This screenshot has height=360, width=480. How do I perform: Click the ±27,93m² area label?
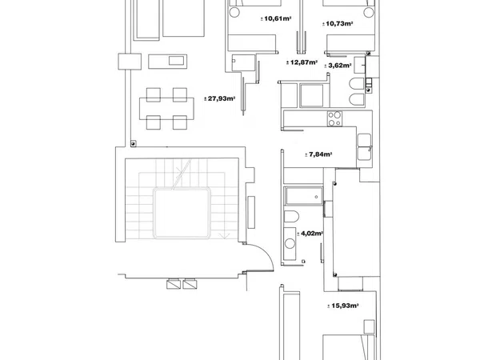point(219,98)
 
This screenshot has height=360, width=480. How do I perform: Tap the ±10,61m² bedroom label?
point(276,18)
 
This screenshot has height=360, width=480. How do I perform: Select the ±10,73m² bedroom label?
point(338,23)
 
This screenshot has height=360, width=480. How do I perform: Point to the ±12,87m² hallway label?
point(302,62)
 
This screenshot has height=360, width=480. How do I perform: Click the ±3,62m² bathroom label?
point(338,66)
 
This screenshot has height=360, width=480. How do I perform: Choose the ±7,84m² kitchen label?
point(318,154)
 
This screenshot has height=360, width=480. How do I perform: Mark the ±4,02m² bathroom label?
point(310,234)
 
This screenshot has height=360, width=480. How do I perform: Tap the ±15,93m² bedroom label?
point(343,306)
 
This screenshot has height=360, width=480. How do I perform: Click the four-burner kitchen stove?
point(334,118)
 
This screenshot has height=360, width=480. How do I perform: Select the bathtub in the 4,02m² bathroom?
point(303,196)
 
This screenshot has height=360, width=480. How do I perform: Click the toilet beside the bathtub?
point(291,217)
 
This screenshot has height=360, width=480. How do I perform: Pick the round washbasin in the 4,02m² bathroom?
point(290,244)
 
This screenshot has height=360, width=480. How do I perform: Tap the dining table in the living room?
point(166,108)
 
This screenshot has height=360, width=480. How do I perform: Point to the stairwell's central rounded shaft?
point(182,213)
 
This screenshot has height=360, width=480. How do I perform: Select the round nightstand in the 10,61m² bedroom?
point(234,12)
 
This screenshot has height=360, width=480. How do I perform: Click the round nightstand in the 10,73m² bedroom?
point(369,13)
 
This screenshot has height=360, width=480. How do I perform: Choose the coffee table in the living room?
point(167,62)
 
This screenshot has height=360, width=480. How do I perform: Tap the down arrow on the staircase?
point(226,235)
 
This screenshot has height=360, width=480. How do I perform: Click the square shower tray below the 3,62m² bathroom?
point(311,95)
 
